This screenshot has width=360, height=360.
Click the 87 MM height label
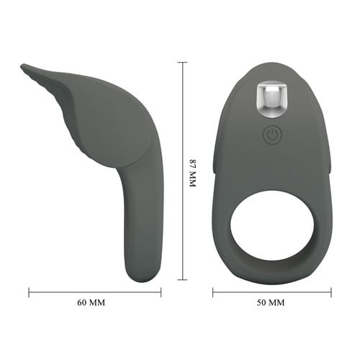click(192, 173)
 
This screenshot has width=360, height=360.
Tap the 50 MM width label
click(271, 302)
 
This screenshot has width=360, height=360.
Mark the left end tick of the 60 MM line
click(30, 292)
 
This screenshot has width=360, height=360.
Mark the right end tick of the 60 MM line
click(161, 292)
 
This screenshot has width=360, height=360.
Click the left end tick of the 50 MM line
click(213, 292)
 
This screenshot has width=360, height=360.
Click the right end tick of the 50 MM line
click(330, 292)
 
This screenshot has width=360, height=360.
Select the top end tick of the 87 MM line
click(182, 63)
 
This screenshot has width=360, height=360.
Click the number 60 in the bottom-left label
click(83, 302)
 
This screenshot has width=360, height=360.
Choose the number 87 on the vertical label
click(192, 163)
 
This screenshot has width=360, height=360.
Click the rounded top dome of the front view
click(271, 69)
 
